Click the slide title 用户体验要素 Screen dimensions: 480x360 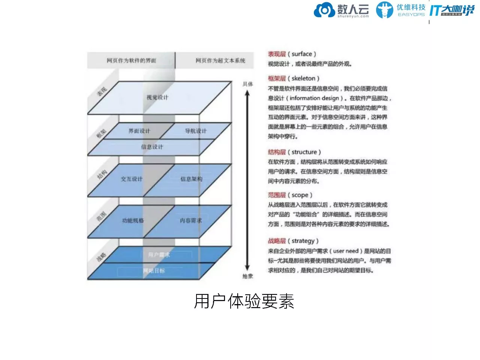point(244,301)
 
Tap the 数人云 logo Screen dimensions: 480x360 point(341,10)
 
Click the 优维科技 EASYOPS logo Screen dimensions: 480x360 point(400,10)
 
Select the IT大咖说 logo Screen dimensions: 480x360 point(451,10)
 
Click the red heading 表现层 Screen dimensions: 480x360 point(277,54)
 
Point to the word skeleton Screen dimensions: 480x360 point(303,78)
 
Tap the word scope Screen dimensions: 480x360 point(300,195)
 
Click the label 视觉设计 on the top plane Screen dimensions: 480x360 point(157,97)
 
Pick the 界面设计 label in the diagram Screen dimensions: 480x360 point(139,131)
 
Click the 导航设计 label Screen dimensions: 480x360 point(196,131)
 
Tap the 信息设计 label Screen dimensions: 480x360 point(152,147)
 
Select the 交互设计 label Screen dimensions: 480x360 point(132,179)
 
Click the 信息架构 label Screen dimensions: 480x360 point(191,179)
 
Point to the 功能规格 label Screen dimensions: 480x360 point(133,220)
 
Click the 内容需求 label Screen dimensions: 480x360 point(191,220)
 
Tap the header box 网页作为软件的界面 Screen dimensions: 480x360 point(131,60)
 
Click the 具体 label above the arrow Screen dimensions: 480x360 point(247,84)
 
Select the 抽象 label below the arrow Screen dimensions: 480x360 point(247,276)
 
